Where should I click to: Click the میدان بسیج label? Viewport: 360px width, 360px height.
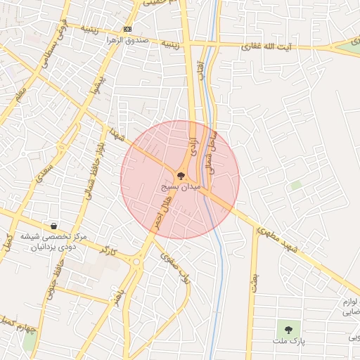pos(181,187)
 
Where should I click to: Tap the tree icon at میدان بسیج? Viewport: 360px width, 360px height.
pos(181,176)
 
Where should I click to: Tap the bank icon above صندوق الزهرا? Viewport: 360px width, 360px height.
pos(127,29)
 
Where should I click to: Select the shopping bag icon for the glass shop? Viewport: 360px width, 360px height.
pos(54,226)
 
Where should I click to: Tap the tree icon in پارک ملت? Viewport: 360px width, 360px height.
pos(287,328)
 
